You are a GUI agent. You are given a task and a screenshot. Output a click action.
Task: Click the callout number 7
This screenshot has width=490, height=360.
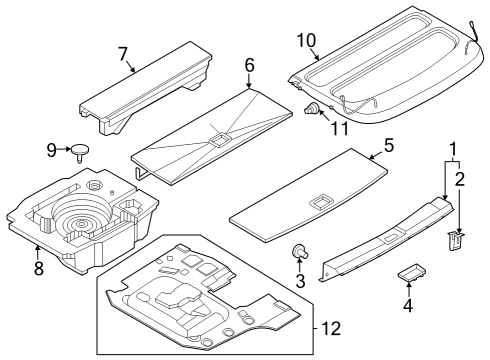(x=123, y=52)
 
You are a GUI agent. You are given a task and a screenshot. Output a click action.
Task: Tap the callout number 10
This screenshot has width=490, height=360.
(x=306, y=40)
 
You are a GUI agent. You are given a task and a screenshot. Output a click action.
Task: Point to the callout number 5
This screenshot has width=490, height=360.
(x=389, y=145)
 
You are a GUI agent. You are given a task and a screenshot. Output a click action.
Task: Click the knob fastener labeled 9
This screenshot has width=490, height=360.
(x=79, y=151)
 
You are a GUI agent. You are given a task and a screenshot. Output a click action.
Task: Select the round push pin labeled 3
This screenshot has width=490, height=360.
(x=298, y=250)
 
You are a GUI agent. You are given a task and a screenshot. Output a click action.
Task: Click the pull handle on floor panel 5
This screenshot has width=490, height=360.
(x=323, y=202)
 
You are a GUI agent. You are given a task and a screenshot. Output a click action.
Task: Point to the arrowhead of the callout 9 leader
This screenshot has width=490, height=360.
(x=68, y=151)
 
